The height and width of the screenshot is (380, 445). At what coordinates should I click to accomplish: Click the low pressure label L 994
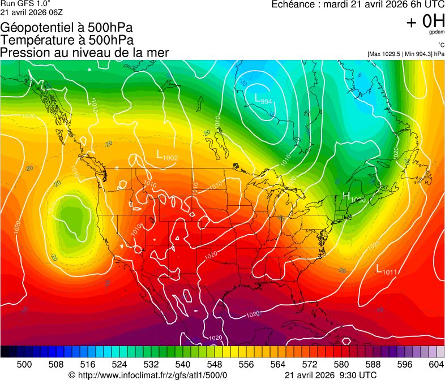tap(264, 100)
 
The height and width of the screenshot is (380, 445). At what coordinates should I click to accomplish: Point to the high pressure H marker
tap(346, 196)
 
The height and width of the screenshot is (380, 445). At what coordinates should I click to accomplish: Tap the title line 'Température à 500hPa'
tap(67, 40)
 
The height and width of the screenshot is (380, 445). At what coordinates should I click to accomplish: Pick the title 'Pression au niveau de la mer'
tap(84, 53)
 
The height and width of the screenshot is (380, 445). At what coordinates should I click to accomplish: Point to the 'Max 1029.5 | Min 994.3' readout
tap(400, 54)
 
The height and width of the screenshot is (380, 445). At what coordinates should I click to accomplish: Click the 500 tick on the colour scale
tap(24, 364)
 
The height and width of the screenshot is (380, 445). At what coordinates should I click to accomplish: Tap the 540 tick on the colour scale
tap(183, 364)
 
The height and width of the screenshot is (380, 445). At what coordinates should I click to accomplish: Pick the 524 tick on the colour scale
tap(119, 364)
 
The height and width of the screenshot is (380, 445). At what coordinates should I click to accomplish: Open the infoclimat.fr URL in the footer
tap(148, 375)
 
